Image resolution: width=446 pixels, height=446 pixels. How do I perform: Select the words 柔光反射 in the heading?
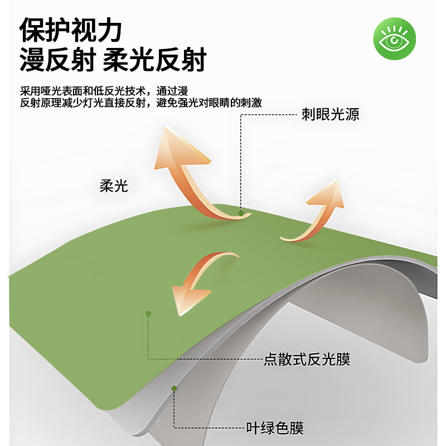[x=156, y=60]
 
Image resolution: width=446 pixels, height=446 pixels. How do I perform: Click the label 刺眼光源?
[x=330, y=115]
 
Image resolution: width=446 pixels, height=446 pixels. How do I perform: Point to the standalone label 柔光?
[x=114, y=186]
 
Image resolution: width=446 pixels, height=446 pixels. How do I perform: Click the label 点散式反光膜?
[x=307, y=359]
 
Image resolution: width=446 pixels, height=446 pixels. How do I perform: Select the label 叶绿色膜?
[x=275, y=428]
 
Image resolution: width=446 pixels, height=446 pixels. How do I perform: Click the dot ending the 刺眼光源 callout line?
[x=241, y=212]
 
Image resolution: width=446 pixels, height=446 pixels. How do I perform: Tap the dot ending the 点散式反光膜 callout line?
[x=148, y=314]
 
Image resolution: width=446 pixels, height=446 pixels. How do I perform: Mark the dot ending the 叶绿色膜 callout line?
[x=174, y=388]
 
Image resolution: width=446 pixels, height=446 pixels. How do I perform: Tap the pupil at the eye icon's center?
[x=394, y=40]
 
